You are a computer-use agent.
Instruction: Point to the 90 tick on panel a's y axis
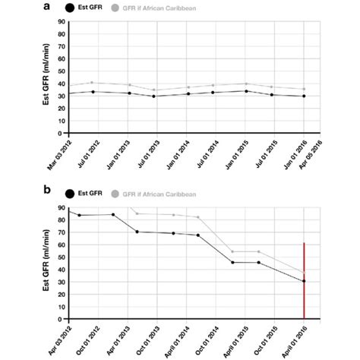coord(59,22)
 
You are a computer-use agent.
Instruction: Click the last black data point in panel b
coord(305,281)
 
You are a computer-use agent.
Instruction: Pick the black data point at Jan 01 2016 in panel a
coord(305,96)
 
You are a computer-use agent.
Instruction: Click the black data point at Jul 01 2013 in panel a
coord(154,96)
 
